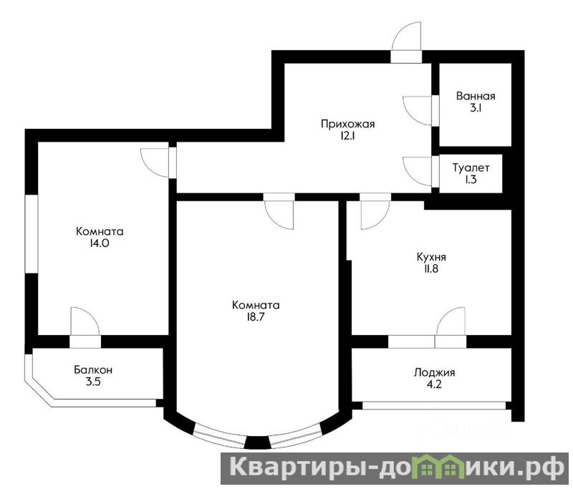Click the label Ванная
476,96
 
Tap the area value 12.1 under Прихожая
347,136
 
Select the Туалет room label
471,168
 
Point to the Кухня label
431,257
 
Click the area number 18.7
256,317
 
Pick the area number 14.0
100,243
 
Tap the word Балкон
93,370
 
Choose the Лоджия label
435,373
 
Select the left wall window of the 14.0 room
32,233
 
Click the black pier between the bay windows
257,442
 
